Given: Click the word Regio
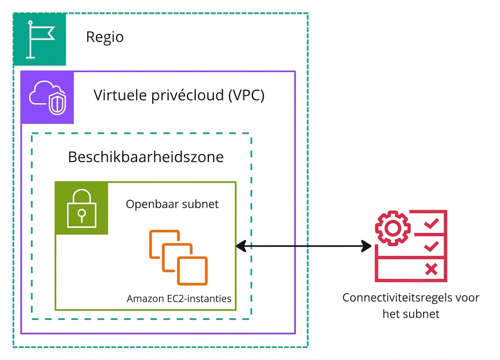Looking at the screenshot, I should [x=104, y=37].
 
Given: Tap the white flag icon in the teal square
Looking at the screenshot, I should [x=39, y=39].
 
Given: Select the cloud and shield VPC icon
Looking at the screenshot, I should [x=47, y=98].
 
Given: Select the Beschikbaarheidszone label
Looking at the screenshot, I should [x=146, y=157].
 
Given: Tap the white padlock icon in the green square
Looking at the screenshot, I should [x=81, y=209].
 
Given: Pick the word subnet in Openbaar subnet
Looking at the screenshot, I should [x=200, y=204].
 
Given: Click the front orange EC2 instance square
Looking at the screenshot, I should [x=192, y=271].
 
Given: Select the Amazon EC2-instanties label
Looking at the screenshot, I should [x=179, y=298].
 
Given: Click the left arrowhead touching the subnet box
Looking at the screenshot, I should [x=241, y=246].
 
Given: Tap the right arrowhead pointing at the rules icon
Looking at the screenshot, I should [x=367, y=246].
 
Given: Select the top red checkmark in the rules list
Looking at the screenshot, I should [x=431, y=224].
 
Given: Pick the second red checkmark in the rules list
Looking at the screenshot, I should [x=431, y=246].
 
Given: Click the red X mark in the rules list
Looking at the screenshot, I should [x=431, y=269].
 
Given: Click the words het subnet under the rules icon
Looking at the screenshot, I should [x=411, y=314].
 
